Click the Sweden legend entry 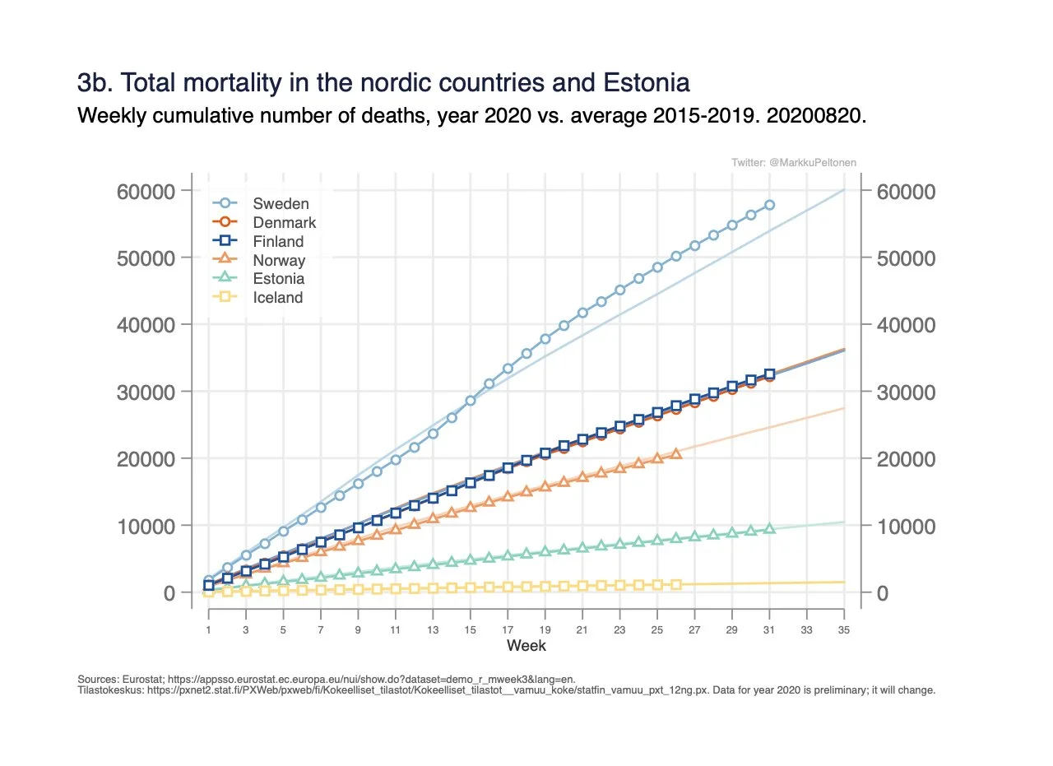pyautogui.click(x=281, y=203)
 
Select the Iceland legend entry pyautogui.click(x=278, y=298)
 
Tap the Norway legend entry pyautogui.click(x=279, y=260)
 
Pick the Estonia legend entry pyautogui.click(x=279, y=279)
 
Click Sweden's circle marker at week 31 pyautogui.click(x=769, y=205)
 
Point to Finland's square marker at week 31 pyautogui.click(x=769, y=374)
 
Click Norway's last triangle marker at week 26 pyautogui.click(x=676, y=453)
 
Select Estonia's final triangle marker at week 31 pyautogui.click(x=769, y=528)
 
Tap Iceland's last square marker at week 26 pyautogui.click(x=676, y=584)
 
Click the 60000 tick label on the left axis pyautogui.click(x=147, y=191)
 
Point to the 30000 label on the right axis pyautogui.click(x=906, y=392)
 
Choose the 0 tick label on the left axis pyautogui.click(x=169, y=592)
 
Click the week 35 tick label pyautogui.click(x=844, y=629)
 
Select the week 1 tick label pyautogui.click(x=209, y=629)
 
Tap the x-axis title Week pyautogui.click(x=526, y=646)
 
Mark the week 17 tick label pyautogui.click(x=508, y=629)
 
